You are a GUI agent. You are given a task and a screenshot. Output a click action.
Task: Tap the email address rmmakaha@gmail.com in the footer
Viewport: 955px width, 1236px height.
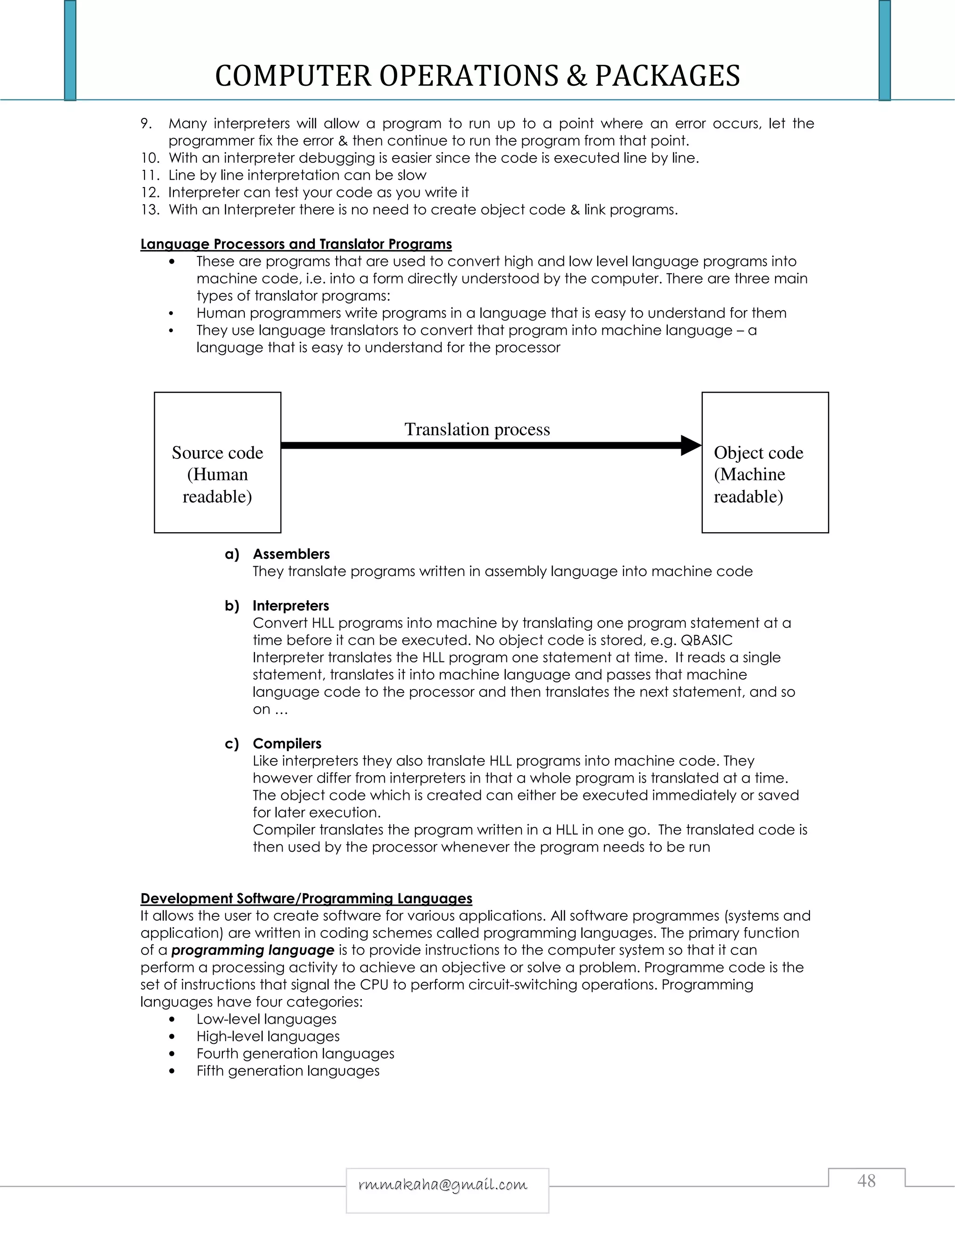tap(443, 1185)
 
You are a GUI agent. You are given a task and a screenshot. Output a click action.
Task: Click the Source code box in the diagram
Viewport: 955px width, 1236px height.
tap(217, 462)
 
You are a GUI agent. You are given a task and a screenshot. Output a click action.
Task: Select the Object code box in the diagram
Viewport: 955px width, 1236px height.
tap(765, 462)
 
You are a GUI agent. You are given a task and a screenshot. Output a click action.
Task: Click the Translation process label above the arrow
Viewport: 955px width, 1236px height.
tap(477, 429)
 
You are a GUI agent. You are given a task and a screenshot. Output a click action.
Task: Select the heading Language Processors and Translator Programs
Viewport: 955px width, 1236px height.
tap(296, 244)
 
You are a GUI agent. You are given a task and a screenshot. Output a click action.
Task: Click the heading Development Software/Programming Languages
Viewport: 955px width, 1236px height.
tap(306, 898)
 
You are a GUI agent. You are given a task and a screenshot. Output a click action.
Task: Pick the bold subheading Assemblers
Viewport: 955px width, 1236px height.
tap(291, 554)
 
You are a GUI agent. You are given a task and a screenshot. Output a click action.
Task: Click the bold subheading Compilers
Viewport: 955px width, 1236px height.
tap(287, 743)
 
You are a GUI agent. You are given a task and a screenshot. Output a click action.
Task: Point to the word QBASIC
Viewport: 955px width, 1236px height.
tap(706, 640)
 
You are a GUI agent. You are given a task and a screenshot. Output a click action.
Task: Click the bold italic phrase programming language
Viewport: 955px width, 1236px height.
tap(252, 950)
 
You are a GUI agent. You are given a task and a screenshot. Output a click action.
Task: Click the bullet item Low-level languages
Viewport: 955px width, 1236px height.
tap(266, 1019)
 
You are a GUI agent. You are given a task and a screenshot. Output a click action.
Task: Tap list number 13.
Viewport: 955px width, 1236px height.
tap(150, 209)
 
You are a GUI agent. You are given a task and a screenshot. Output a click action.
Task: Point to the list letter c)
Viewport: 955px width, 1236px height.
tap(231, 743)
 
